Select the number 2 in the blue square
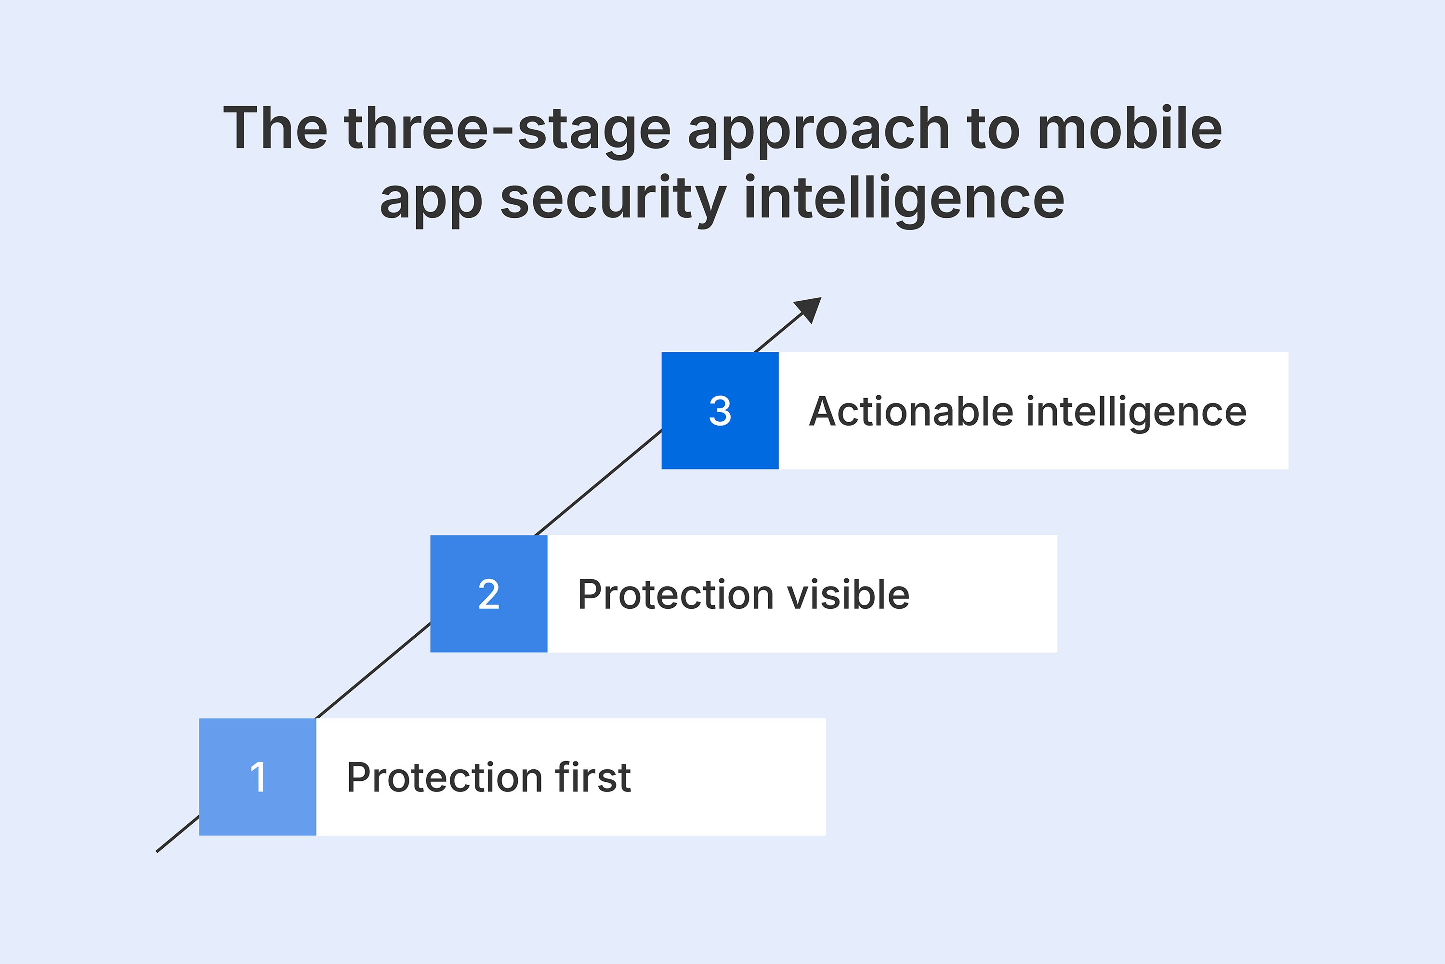[488, 594]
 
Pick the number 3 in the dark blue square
[720, 411]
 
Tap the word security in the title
[613, 200]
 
